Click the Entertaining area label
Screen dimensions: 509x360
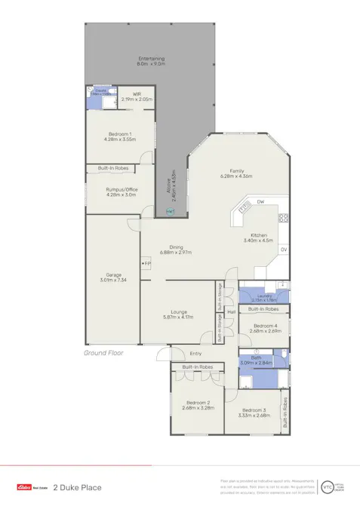tap(151, 59)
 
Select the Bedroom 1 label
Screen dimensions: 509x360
tap(119, 133)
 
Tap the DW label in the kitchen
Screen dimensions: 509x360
tap(260, 202)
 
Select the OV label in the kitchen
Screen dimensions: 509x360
tap(283, 249)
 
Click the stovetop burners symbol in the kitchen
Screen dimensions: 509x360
tap(284, 218)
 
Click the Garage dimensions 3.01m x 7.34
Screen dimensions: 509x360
tap(103, 279)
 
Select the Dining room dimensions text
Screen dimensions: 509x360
tap(175, 252)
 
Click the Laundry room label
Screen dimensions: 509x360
tap(263, 296)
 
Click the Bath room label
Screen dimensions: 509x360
tap(256, 357)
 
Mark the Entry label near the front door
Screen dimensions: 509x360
tap(195, 353)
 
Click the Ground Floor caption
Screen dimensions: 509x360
tap(103, 352)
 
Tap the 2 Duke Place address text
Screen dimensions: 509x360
tap(77, 488)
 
